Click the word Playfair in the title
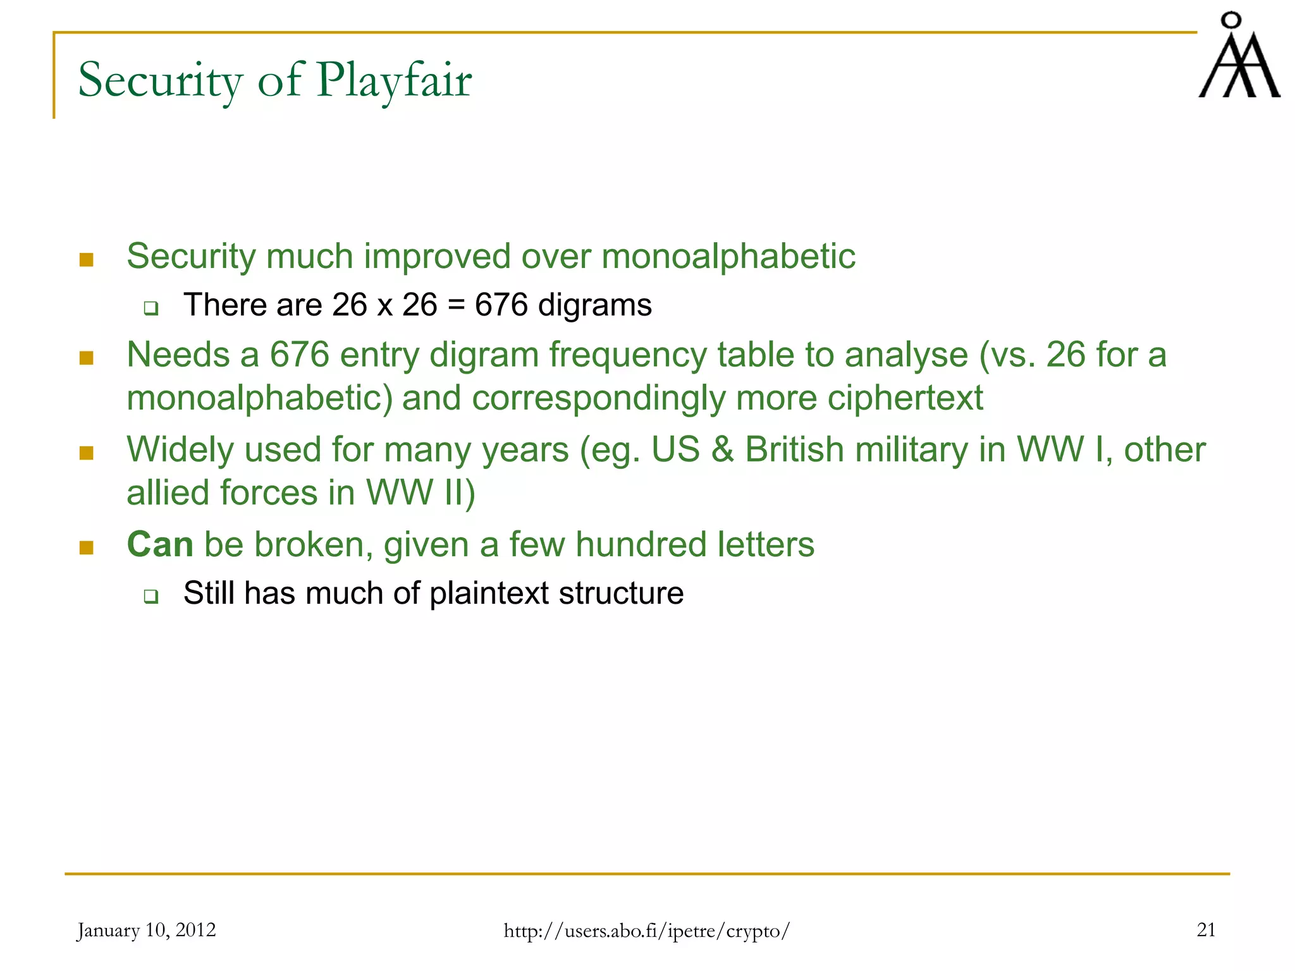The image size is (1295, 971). pyautogui.click(x=394, y=81)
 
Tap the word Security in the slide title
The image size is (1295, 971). pyautogui.click(x=160, y=81)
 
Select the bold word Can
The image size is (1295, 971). pyautogui.click(x=160, y=544)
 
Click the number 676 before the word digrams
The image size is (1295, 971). pyautogui.click(x=501, y=305)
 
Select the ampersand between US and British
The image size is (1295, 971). pyautogui.click(x=722, y=449)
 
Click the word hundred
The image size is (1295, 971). pyautogui.click(x=641, y=544)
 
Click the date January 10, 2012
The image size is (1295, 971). pyautogui.click(x=146, y=930)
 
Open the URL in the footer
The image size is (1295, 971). pyautogui.click(x=646, y=931)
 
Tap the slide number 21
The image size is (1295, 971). pyautogui.click(x=1206, y=930)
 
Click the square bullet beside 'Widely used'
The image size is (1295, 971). pyautogui.click(x=87, y=453)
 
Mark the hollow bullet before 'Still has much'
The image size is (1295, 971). pyautogui.click(x=150, y=596)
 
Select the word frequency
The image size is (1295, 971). pyautogui.click(x=627, y=355)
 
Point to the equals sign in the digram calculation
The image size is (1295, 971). pyautogui.click(x=456, y=305)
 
